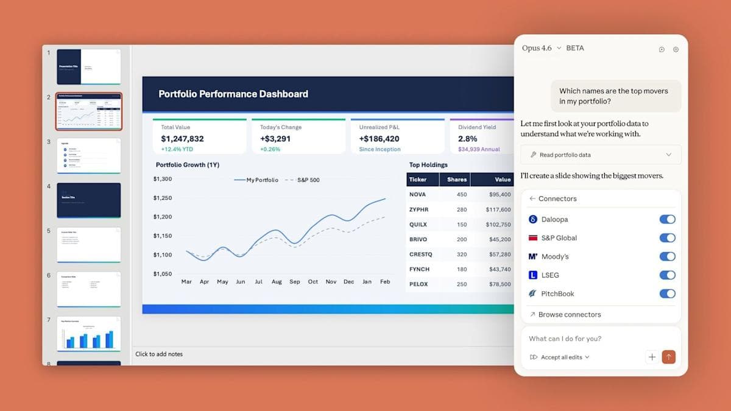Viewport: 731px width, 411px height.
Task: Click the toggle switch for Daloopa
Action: [667, 219]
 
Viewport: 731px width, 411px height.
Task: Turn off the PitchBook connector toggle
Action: [667, 293]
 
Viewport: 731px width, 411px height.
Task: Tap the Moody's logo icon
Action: [532, 256]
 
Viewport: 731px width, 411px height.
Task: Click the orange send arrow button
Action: [668, 357]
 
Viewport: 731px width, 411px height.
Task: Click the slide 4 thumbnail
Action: [89, 200]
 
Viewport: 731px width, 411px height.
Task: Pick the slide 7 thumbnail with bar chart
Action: [89, 334]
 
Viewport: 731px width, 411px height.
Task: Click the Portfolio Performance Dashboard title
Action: [233, 94]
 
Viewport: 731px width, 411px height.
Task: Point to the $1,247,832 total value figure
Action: [182, 139]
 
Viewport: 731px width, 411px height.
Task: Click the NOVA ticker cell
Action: [417, 195]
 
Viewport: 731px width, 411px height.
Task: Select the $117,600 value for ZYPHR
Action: [498, 209]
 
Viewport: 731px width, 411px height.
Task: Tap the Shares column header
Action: [456, 180]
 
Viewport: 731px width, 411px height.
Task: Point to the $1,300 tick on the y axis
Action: [163, 179]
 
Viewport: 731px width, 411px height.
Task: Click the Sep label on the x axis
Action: [295, 282]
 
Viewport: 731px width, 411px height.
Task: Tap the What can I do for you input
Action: [579, 339]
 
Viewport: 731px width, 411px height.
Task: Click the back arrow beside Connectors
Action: [532, 198]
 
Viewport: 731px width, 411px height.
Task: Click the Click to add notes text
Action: [159, 354]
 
